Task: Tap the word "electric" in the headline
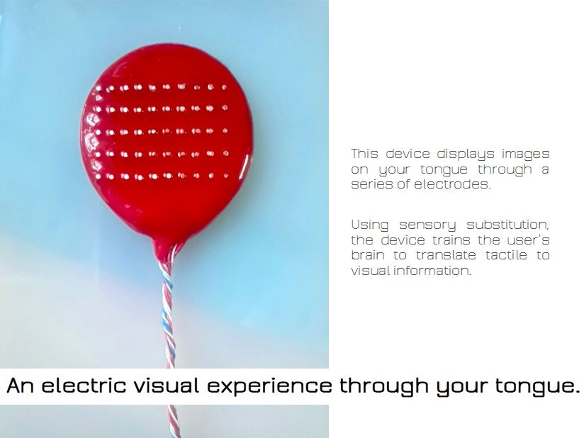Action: (x=84, y=385)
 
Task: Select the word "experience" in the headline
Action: (x=269, y=386)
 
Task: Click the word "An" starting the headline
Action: (x=20, y=385)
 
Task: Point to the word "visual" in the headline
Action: (x=167, y=385)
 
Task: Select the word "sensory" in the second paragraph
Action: (x=427, y=225)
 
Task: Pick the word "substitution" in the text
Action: (x=507, y=225)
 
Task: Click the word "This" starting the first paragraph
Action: (x=364, y=154)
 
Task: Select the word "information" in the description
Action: (x=432, y=271)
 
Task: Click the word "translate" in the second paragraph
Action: (x=446, y=254)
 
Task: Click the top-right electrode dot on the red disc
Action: (x=224, y=87)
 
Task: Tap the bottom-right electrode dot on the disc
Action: (x=225, y=176)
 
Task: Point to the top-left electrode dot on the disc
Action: (x=99, y=89)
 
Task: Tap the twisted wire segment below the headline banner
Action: (x=174, y=421)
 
